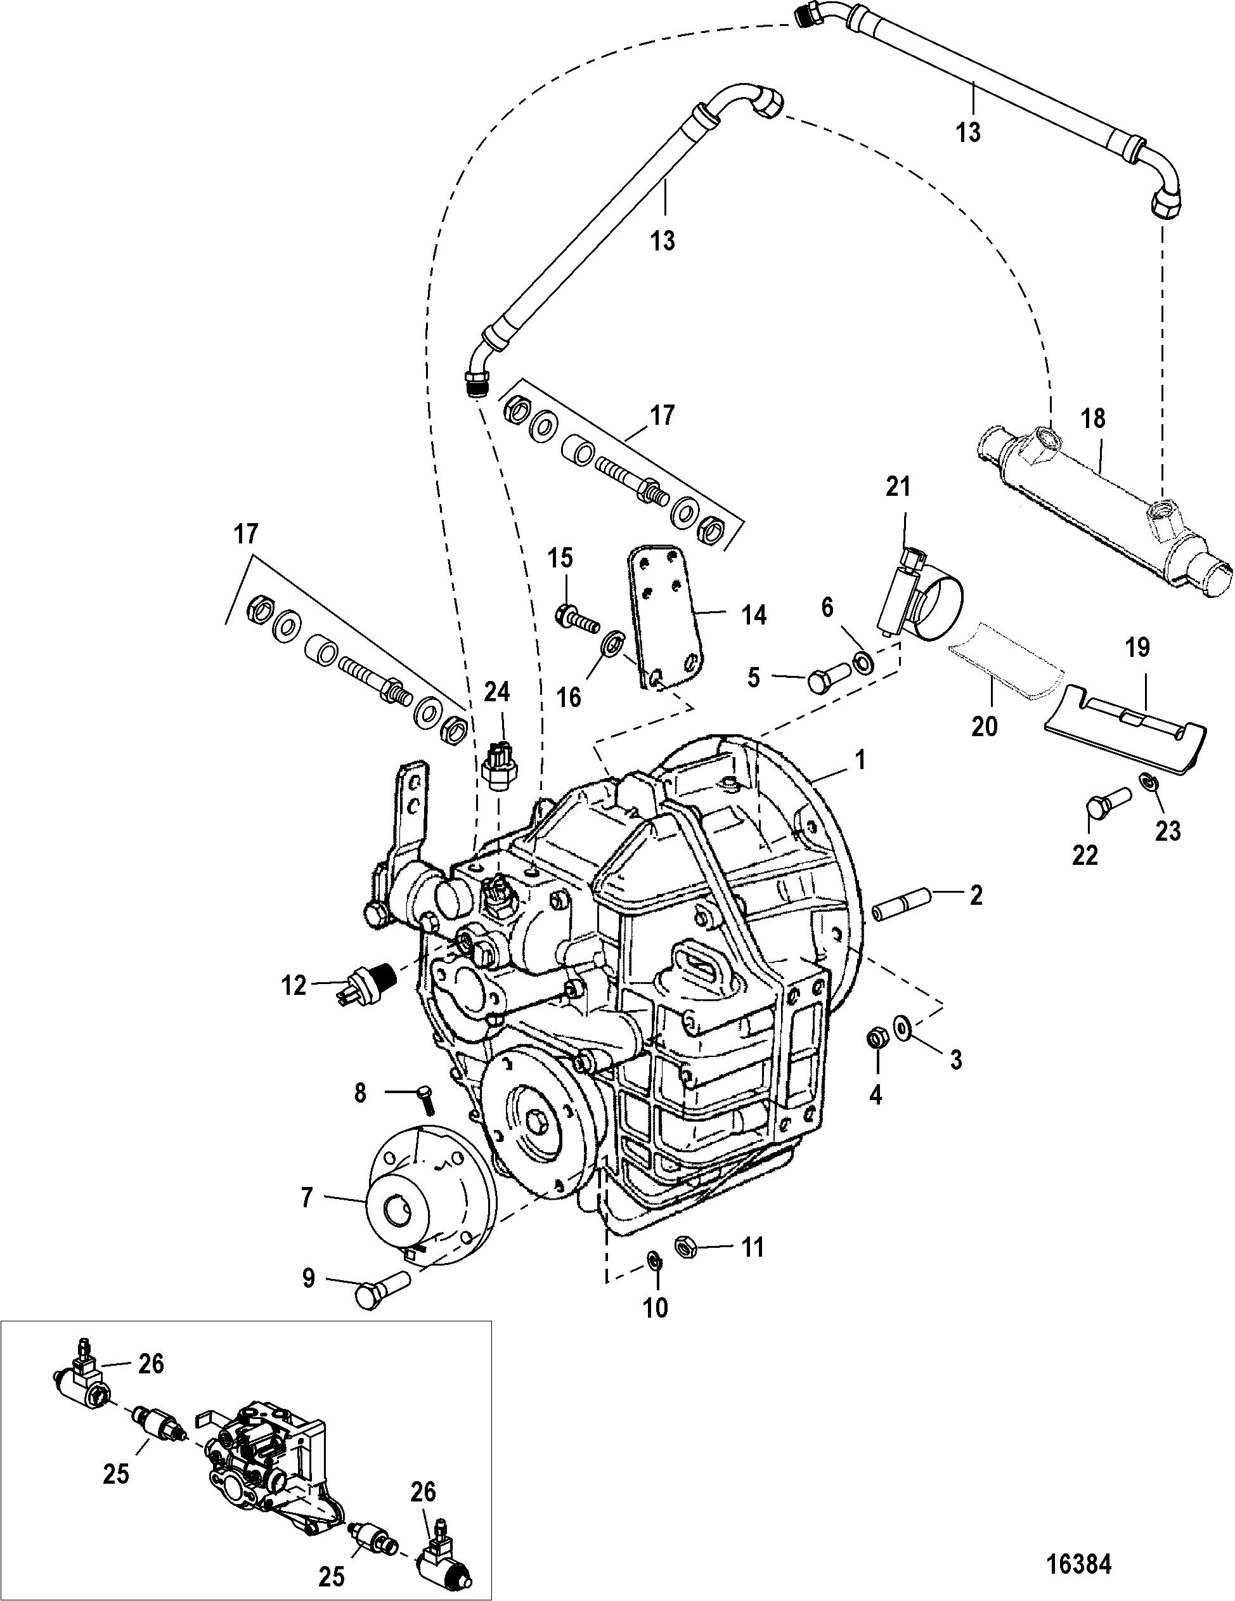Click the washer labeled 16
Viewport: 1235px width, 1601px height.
609,625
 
